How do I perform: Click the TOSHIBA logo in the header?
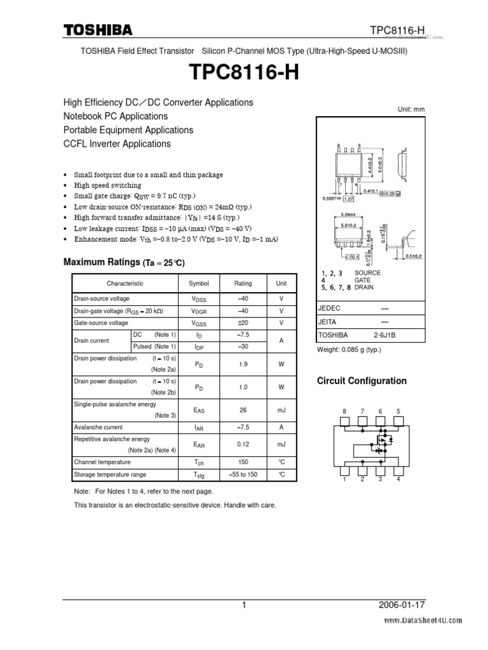[x=97, y=30]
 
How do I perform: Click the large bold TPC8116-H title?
[x=244, y=74]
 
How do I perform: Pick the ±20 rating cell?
[x=243, y=323]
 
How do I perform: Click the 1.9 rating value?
[x=243, y=364]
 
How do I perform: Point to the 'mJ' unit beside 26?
[x=281, y=411]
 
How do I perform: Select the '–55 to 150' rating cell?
[x=243, y=475]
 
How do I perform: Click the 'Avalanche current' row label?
[x=98, y=427]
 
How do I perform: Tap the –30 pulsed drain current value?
[x=243, y=346]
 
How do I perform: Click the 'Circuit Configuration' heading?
[x=362, y=381]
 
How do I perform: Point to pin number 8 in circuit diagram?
[x=345, y=411]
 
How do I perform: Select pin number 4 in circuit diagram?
[x=398, y=479]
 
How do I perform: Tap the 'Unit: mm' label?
[x=410, y=109]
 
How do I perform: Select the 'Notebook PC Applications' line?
[x=115, y=116]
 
